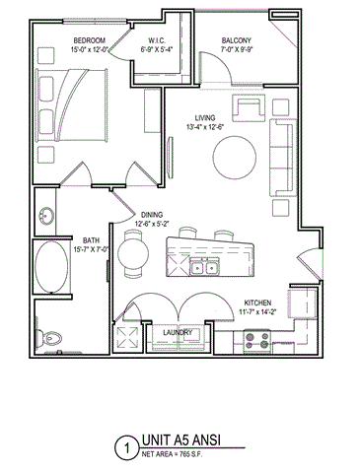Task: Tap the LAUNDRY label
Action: pos(179,332)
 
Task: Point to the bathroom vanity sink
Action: pos(45,215)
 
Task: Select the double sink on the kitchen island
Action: pos(208,267)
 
